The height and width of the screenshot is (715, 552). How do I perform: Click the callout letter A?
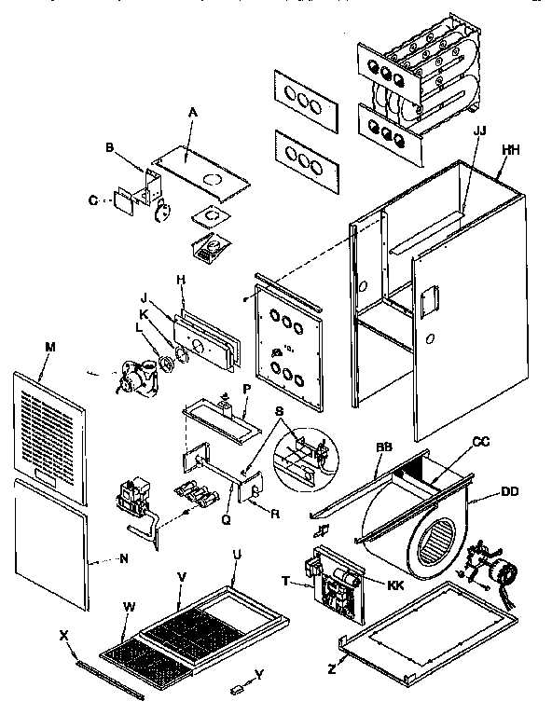193,111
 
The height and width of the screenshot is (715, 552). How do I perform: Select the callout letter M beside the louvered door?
50,347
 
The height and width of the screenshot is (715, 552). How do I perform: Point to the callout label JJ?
480,131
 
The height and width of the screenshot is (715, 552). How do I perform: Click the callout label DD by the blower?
510,491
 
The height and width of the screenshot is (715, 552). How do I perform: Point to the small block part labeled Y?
236,688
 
